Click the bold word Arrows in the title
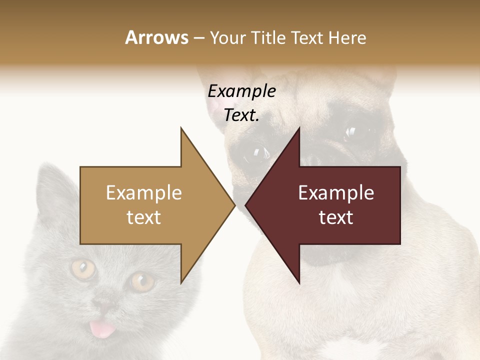(156, 37)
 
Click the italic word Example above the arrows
(241, 91)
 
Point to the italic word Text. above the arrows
(241, 115)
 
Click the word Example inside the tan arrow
(144, 193)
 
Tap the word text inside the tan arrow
(144, 217)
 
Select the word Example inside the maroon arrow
(336, 193)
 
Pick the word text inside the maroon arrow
(336, 217)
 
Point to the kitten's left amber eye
(83, 269)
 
